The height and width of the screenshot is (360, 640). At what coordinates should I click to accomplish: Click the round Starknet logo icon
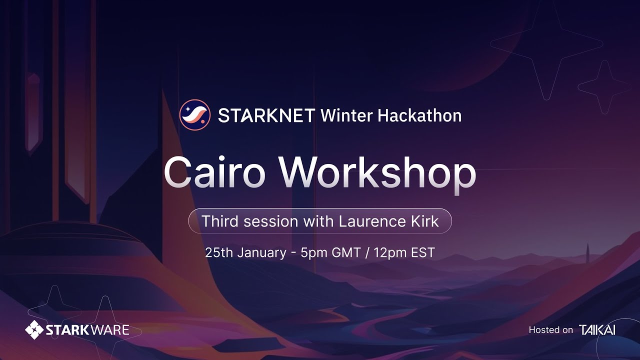[194, 115]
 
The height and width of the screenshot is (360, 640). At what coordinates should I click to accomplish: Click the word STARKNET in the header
[266, 116]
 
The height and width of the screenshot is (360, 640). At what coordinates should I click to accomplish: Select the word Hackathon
[419, 115]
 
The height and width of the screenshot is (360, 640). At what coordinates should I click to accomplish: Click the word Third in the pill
[219, 221]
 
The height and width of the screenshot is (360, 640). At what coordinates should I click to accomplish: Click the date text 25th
[219, 252]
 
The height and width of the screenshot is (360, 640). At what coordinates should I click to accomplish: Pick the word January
[261, 252]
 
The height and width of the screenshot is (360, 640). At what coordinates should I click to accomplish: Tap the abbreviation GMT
[346, 252]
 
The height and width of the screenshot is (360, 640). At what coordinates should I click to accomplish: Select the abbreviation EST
[423, 252]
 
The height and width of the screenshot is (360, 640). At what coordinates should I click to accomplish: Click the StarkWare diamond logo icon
[34, 329]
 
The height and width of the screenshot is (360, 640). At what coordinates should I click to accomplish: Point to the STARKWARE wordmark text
[87, 330]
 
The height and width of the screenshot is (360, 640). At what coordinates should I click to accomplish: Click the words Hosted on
[550, 330]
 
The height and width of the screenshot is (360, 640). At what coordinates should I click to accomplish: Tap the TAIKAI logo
[597, 330]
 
